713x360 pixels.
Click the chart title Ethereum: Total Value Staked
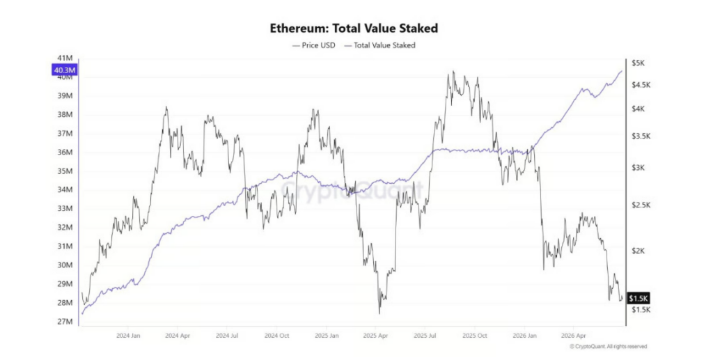pyautogui.click(x=354, y=28)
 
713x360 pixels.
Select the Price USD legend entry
pyautogui.click(x=313, y=45)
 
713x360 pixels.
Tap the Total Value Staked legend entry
pyautogui.click(x=379, y=45)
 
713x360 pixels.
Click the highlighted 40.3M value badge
pyautogui.click(x=65, y=70)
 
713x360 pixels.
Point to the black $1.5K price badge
pyautogui.click(x=638, y=298)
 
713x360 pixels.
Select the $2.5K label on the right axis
pyautogui.click(x=641, y=205)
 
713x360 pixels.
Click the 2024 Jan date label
pyautogui.click(x=128, y=336)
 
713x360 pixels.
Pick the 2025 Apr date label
pyautogui.click(x=375, y=336)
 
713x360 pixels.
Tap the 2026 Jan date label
pyautogui.click(x=524, y=336)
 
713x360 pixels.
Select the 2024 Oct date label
pyautogui.click(x=276, y=336)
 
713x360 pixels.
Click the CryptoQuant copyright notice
pyautogui.click(x=608, y=346)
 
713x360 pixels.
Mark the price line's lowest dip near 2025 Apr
pyautogui.click(x=379, y=313)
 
